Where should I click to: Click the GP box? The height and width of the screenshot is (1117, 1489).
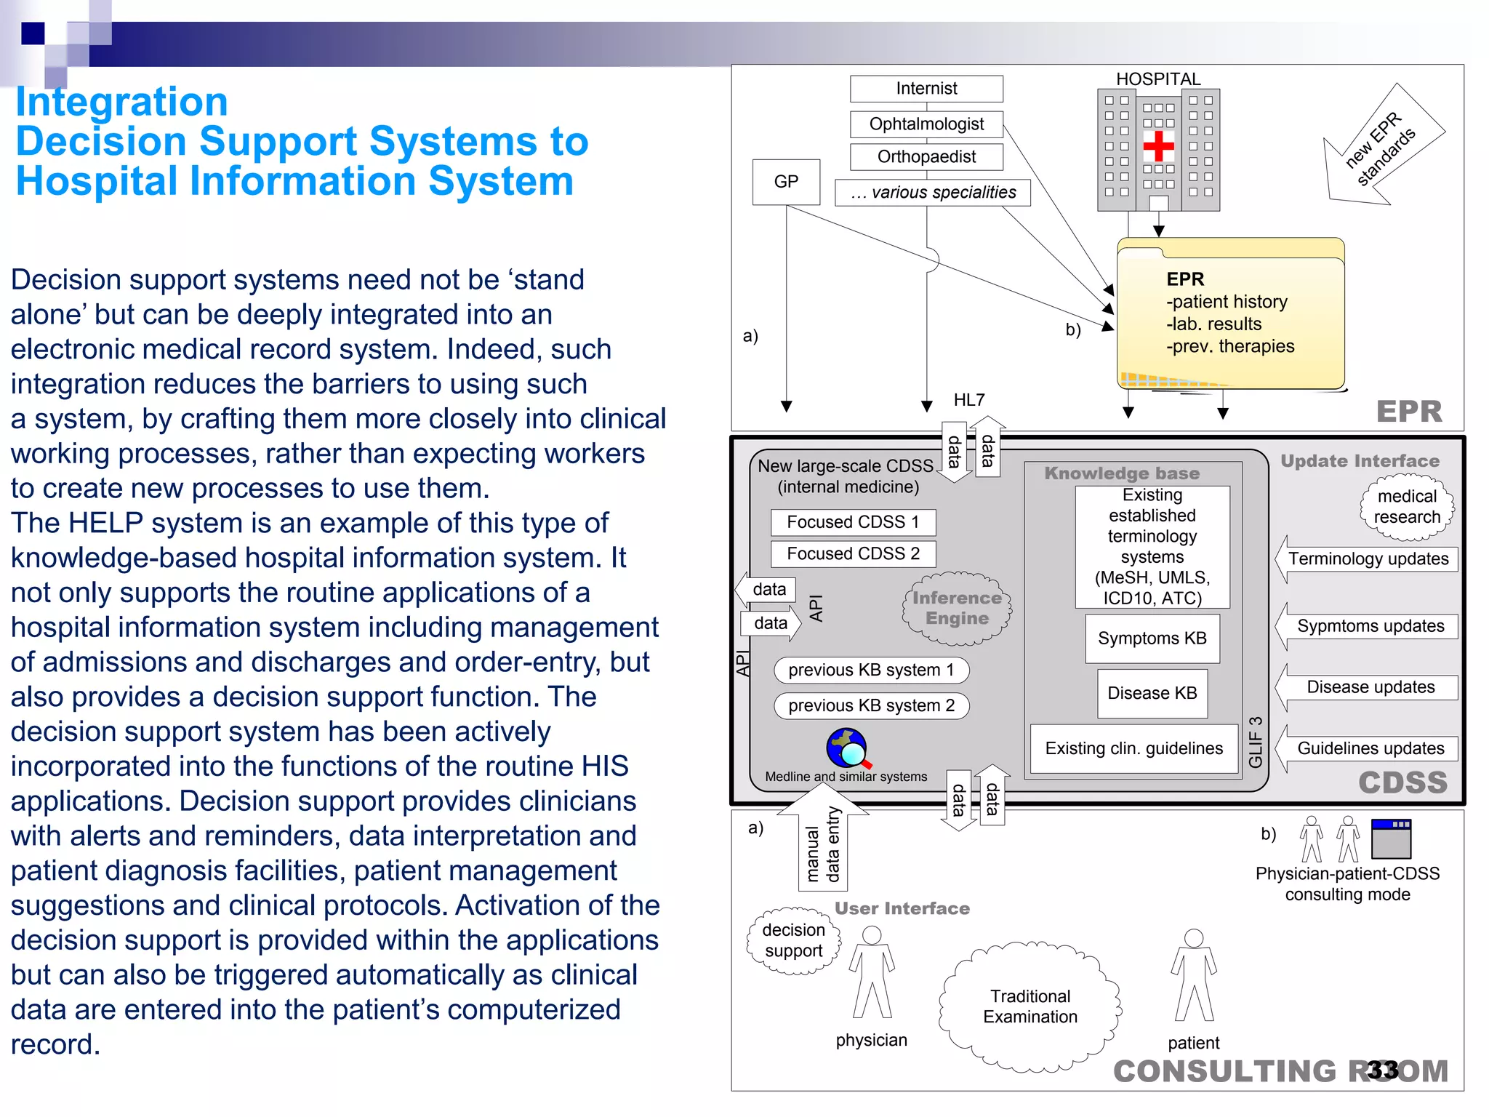(786, 182)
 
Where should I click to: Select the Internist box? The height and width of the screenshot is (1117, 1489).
(926, 89)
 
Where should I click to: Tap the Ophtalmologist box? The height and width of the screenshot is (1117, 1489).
(926, 124)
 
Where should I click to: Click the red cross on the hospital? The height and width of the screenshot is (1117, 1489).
(1158, 147)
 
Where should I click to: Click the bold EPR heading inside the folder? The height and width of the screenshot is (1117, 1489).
(1185, 279)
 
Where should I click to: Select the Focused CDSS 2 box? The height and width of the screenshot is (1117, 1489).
(853, 554)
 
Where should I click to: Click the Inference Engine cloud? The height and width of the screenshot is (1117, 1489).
(957, 609)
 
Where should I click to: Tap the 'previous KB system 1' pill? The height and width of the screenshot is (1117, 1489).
(871, 670)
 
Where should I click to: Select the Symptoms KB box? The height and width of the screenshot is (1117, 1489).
(1152, 638)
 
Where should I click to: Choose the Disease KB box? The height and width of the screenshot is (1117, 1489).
(1152, 693)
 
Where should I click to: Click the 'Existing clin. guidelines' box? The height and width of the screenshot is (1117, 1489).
(1133, 748)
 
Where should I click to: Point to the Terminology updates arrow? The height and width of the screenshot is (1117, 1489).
(1367, 559)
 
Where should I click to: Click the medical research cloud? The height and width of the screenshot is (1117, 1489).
(1407, 508)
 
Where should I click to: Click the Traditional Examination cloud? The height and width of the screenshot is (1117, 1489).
(1030, 1006)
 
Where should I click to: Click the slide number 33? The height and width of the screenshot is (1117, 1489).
(1382, 1070)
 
